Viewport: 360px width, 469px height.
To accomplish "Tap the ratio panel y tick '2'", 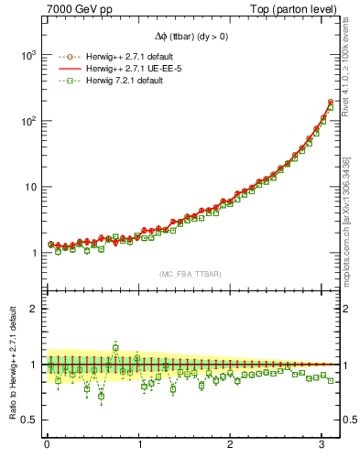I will (x=31, y=309).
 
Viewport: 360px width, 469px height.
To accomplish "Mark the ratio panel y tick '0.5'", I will (x=27, y=420).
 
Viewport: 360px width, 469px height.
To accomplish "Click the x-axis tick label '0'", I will (x=47, y=446).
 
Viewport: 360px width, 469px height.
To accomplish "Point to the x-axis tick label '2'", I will (x=232, y=446).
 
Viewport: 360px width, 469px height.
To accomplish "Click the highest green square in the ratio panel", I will (x=115, y=347).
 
